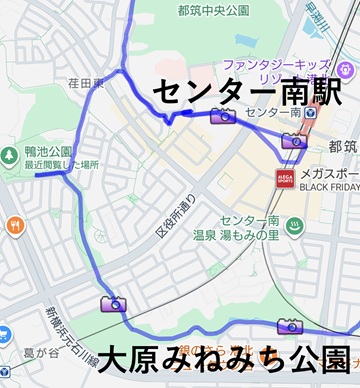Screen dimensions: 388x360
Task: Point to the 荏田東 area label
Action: (86, 84)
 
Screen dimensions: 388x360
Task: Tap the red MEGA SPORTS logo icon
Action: (286, 178)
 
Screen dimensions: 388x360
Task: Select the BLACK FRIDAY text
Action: (329, 187)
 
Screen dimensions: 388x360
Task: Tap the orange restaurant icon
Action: (14, 225)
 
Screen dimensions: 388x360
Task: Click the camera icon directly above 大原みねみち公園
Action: (289, 326)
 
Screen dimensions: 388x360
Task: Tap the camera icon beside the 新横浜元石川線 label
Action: (112, 304)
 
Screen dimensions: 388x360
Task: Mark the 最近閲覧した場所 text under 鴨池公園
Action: (62, 164)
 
